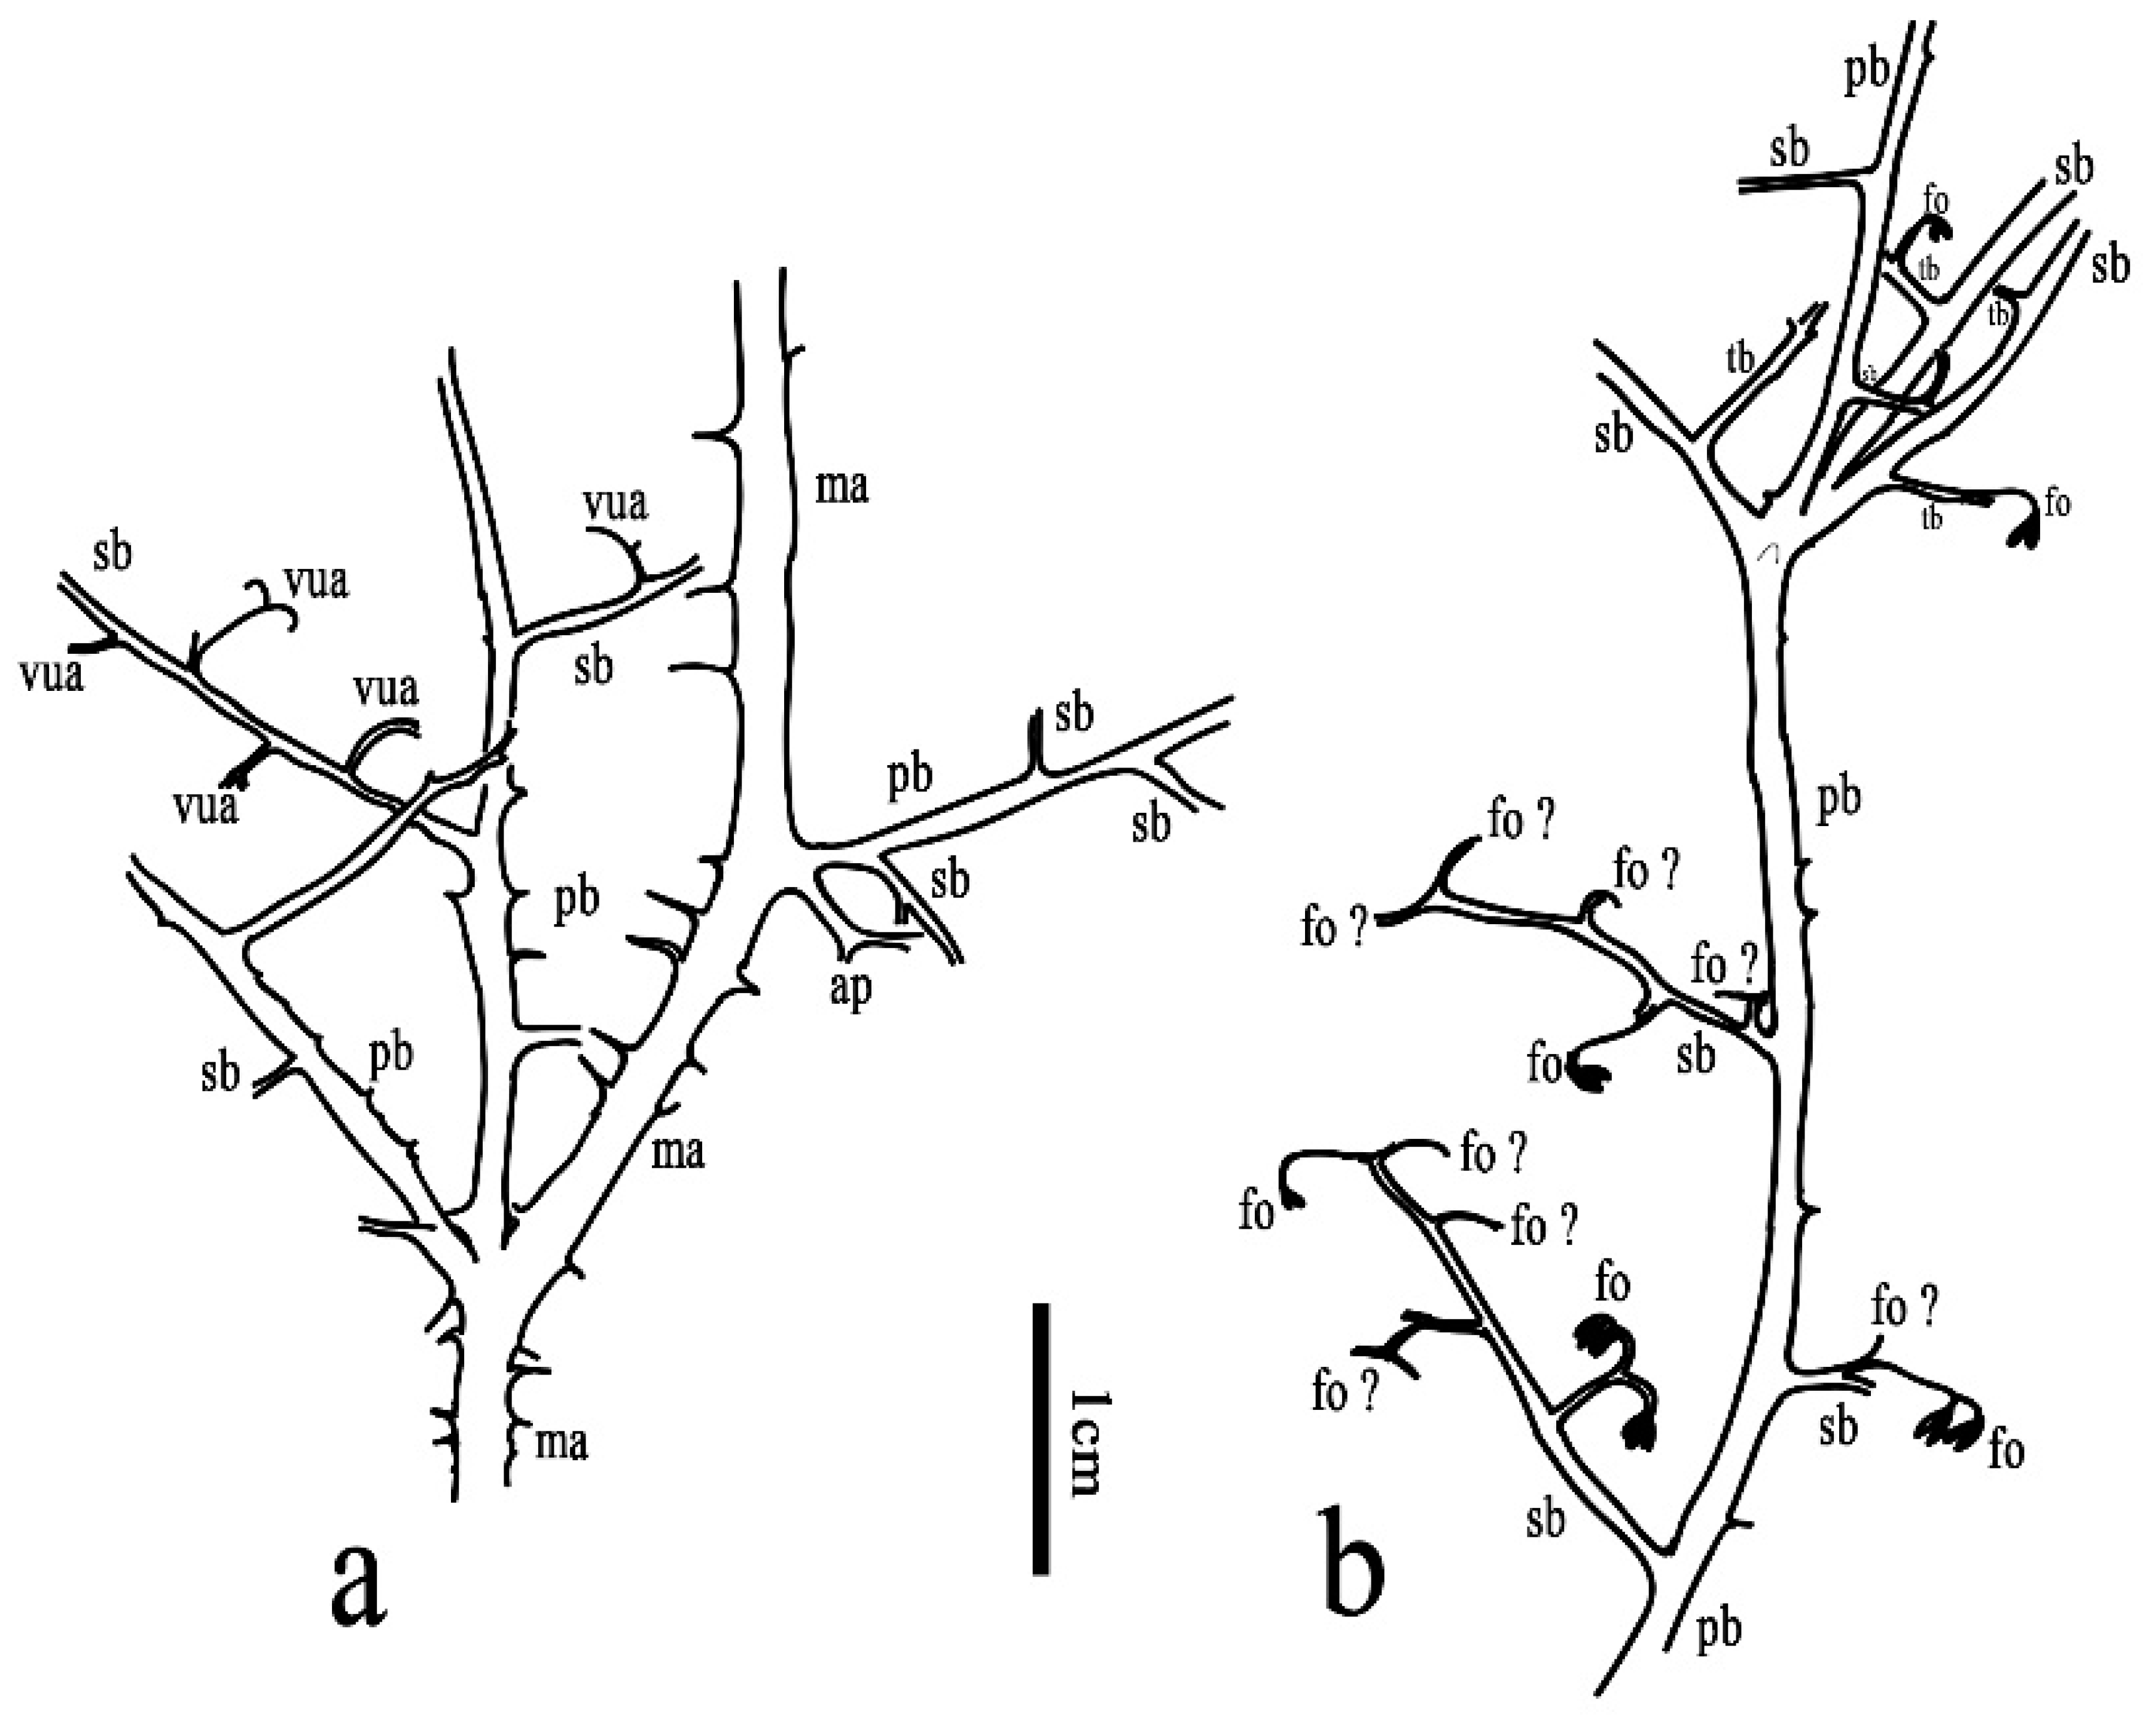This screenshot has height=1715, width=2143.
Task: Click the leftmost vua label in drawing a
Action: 51,675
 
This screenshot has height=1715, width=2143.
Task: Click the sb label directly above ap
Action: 949,880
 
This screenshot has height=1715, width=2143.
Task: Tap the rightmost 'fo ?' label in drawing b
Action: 1903,1308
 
